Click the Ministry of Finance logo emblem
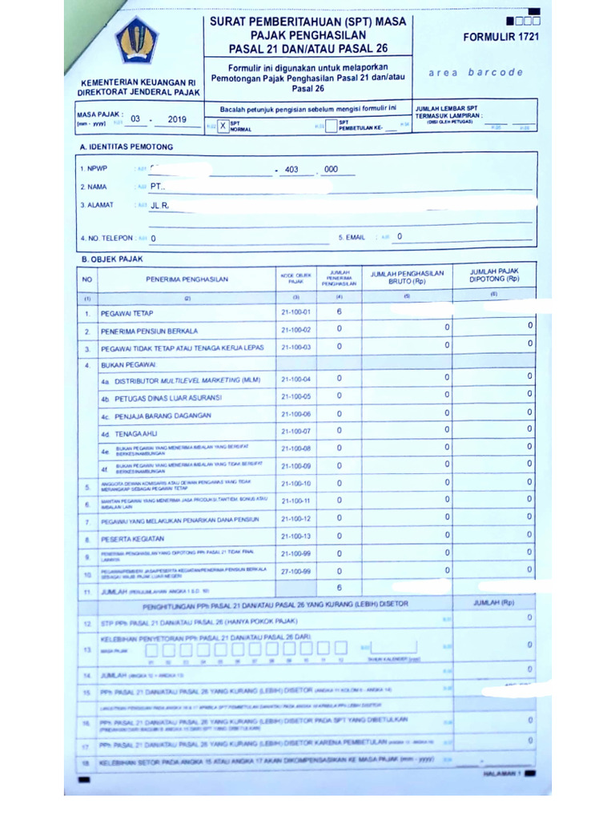click(x=137, y=40)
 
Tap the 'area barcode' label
click(x=476, y=72)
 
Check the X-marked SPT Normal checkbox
click(x=223, y=126)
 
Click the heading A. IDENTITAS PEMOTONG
click(x=126, y=147)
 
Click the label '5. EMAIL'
click(x=352, y=237)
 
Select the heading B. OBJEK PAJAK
click(x=111, y=260)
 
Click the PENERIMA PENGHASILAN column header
click(x=187, y=279)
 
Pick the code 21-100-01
click(x=295, y=312)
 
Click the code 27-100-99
click(x=295, y=571)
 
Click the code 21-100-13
click(x=295, y=536)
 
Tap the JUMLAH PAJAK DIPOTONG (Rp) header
click(x=494, y=275)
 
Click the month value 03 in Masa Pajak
click(x=135, y=119)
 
